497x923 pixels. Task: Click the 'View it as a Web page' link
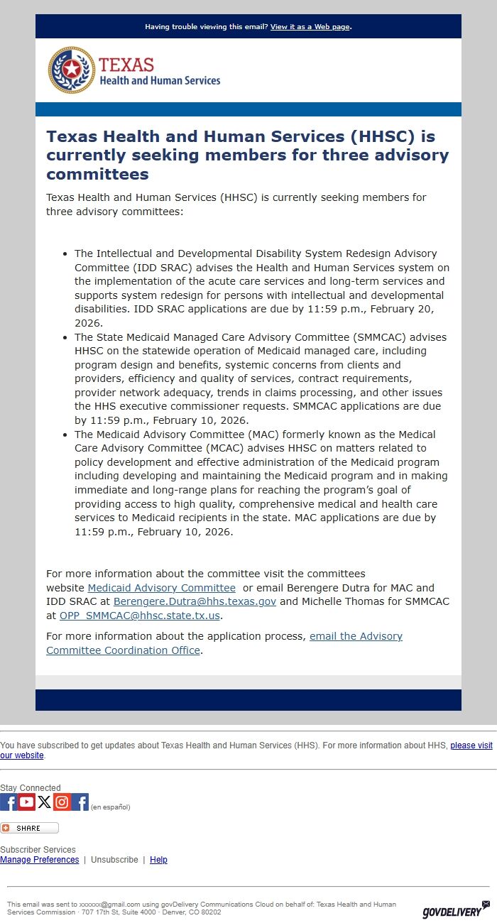pyautogui.click(x=310, y=27)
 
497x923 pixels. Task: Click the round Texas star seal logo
pyautogui.click(x=71, y=70)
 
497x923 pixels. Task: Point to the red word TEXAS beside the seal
pyautogui.click(x=126, y=65)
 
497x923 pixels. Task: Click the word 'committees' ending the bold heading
pyautogui.click(x=97, y=174)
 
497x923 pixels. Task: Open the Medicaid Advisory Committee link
pyautogui.click(x=161, y=588)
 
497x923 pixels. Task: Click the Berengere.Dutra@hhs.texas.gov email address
pyautogui.click(x=195, y=601)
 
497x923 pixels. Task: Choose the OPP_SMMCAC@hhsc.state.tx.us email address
pyautogui.click(x=139, y=616)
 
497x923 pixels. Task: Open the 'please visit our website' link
pyautogui.click(x=471, y=745)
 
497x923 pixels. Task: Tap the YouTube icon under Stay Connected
pyautogui.click(x=27, y=802)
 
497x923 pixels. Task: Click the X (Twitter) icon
pyautogui.click(x=45, y=802)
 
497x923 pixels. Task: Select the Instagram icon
pyautogui.click(x=62, y=802)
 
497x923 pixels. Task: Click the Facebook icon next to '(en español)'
pyautogui.click(x=80, y=802)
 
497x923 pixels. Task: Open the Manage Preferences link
pyautogui.click(x=40, y=860)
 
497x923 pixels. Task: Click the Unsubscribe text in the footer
pyautogui.click(x=114, y=860)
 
